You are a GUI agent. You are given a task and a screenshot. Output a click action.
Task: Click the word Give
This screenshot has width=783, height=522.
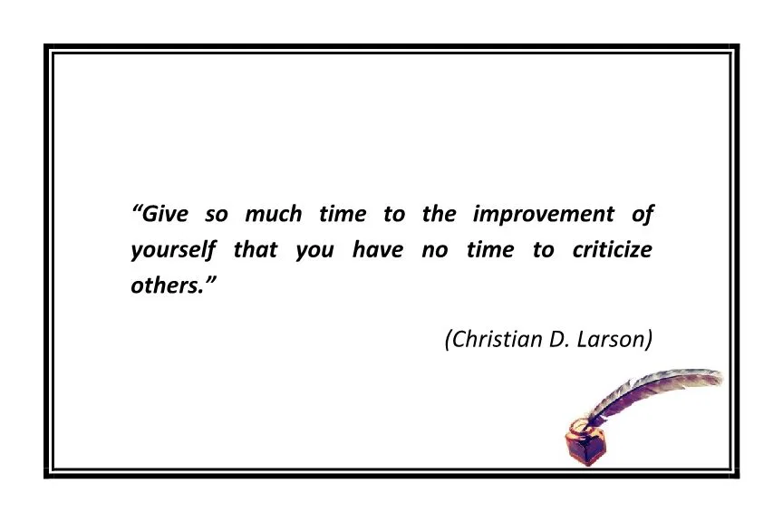(166, 215)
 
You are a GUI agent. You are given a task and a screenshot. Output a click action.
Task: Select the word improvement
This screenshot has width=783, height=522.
(543, 216)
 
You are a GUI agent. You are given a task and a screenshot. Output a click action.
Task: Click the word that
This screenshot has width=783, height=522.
(256, 250)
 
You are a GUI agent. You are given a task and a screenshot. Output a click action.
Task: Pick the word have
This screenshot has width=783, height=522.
(378, 250)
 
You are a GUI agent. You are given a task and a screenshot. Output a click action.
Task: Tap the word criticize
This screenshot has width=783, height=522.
(612, 250)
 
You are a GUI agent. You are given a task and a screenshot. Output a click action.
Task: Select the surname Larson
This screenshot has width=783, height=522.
(614, 339)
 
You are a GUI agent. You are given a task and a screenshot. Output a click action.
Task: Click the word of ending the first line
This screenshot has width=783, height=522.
(643, 215)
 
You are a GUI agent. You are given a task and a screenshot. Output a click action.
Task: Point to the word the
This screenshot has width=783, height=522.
(439, 215)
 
